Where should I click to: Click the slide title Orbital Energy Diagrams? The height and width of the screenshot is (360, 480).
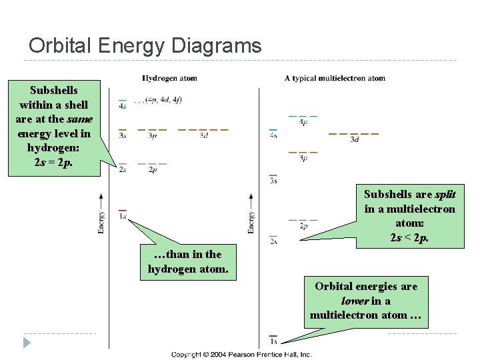point(145,46)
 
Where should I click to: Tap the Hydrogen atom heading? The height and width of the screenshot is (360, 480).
point(169,78)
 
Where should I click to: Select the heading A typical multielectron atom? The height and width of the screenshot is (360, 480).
point(335,78)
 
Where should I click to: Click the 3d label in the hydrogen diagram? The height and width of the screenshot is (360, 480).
point(203,136)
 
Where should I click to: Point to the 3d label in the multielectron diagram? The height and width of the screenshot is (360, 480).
point(354,139)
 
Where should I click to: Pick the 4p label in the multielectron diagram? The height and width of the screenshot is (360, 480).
point(303,123)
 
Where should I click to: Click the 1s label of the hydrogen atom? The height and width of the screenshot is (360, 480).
point(123,217)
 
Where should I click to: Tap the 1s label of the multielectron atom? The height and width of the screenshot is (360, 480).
point(273,342)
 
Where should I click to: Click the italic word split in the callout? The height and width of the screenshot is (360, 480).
point(445,194)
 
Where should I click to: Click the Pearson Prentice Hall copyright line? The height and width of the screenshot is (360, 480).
point(241,354)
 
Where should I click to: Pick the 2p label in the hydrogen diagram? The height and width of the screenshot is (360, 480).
point(153,170)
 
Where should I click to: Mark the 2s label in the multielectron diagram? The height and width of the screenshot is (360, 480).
point(273,241)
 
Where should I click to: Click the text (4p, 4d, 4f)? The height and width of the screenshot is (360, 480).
point(163,100)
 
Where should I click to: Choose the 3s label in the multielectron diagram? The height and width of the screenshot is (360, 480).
point(273,181)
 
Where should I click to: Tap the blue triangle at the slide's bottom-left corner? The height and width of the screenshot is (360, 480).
point(27,343)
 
